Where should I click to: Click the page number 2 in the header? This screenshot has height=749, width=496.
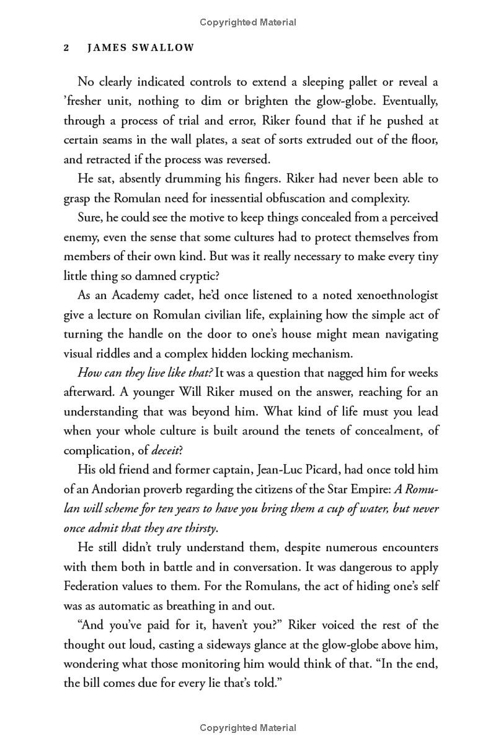tap(66, 48)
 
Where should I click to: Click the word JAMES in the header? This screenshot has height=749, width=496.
tap(99, 48)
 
